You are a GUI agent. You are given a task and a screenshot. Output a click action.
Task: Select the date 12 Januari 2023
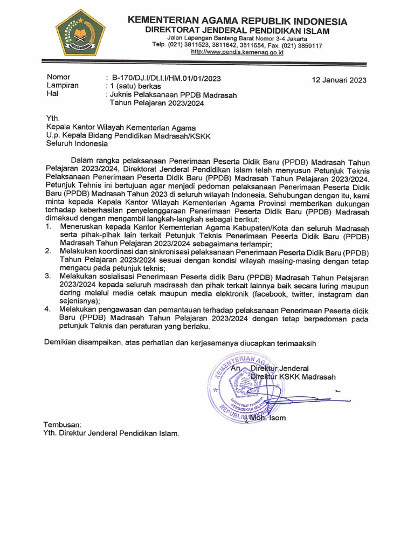click(339, 80)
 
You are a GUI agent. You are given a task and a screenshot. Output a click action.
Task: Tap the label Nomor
click(59, 77)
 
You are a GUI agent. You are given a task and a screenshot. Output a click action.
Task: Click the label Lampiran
click(63, 85)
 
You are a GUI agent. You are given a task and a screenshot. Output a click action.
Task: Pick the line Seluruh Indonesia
click(77, 144)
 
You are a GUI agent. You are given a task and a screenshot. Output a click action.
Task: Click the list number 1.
click(49, 228)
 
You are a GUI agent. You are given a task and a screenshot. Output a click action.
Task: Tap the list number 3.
click(49, 277)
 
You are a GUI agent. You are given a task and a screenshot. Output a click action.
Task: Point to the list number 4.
click(49, 309)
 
